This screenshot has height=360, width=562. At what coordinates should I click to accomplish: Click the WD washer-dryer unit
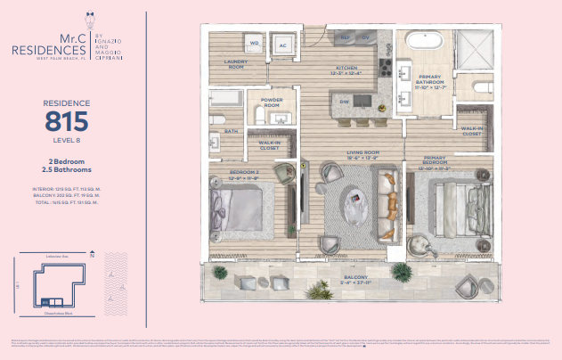pos(254,43)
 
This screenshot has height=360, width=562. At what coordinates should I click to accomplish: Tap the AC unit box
pos(284,44)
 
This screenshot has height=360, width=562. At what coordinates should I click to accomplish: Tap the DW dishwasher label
pos(343,102)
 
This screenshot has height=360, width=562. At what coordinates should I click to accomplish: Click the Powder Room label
pos(272,104)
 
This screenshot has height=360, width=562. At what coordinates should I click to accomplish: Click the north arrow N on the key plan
pos(91,255)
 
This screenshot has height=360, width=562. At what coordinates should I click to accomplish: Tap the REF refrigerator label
pos(344,37)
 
